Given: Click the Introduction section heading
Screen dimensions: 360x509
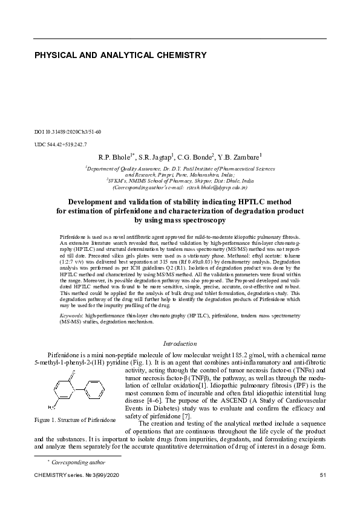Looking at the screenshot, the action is pos(180,343).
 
